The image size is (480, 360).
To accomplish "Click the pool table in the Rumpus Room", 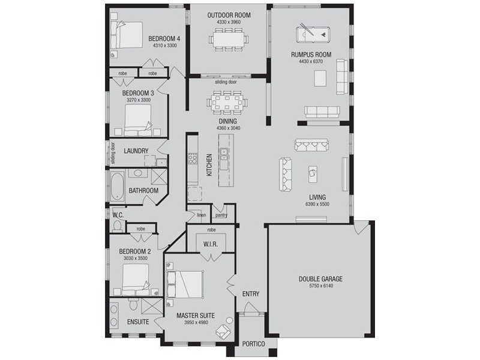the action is coord(313,34).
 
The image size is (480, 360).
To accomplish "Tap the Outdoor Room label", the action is coord(229,15).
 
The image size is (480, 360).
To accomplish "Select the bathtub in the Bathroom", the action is coord(117,187).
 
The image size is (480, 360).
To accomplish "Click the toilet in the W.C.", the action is coord(116,226).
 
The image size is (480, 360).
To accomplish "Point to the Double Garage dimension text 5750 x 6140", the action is coord(321,286).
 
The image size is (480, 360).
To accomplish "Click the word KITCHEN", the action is coord(209,164).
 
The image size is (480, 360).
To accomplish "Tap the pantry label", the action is coord(221,215).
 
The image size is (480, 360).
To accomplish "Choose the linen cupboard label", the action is coord(202,215).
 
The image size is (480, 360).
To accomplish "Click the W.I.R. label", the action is coord(211,244).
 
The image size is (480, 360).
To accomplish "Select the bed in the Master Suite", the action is coord(185,284).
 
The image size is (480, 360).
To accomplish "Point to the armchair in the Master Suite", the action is coord(223,331).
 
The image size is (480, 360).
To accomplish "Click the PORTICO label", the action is coord(253,344).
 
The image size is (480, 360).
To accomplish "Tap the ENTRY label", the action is coord(251,294).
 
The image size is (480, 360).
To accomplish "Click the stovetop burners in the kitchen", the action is coord(192,158).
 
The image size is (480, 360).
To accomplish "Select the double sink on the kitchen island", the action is coord(224,154).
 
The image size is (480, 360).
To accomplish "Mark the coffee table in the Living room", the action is coord(313,174).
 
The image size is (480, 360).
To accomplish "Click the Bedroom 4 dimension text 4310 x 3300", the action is coord(165,46).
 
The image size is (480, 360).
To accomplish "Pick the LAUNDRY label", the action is coord(136,151).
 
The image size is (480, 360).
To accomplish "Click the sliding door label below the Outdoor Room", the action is coord(226,82).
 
